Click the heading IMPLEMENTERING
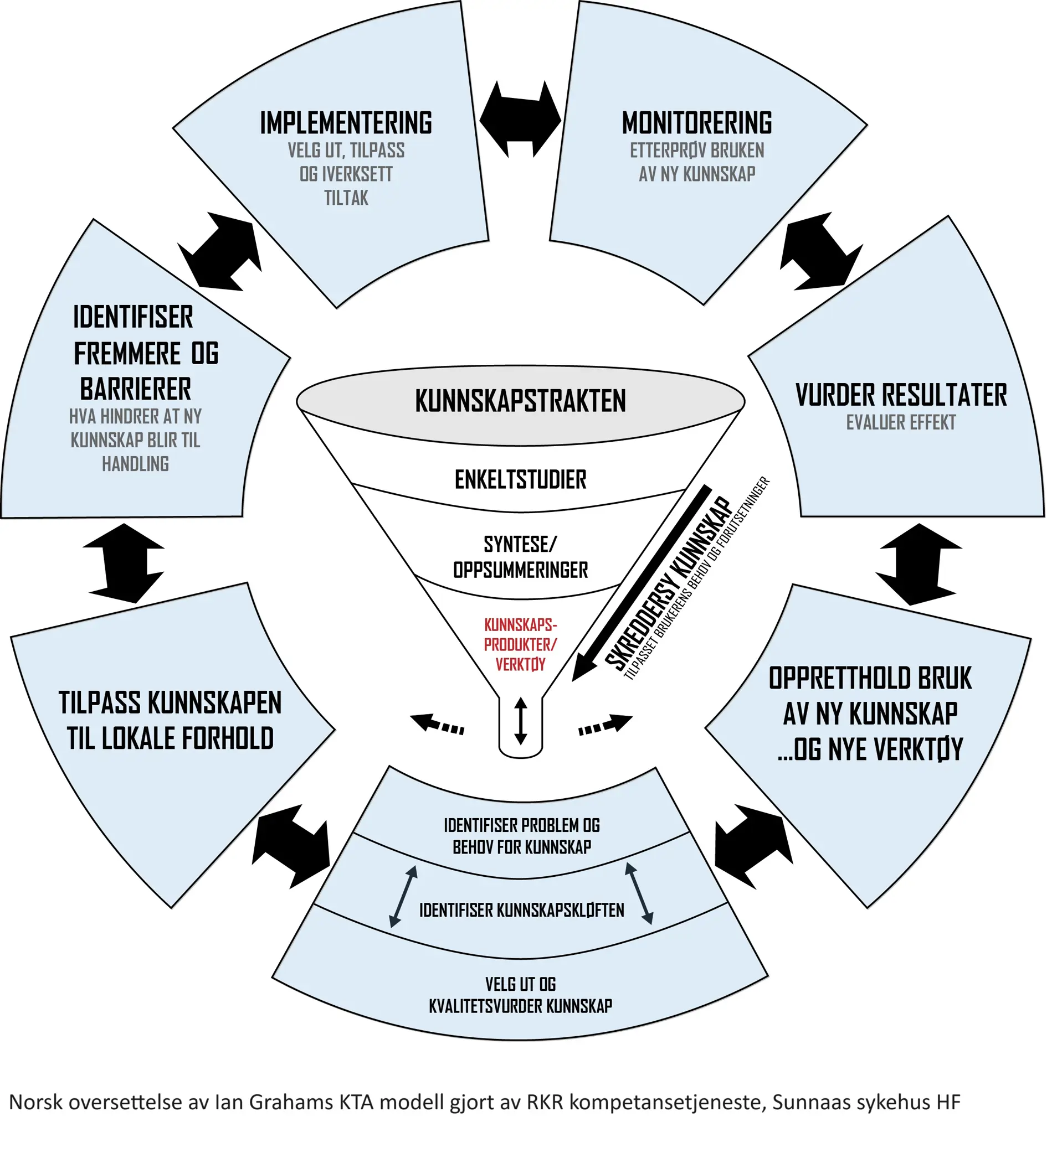coord(346,123)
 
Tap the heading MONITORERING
coord(696,123)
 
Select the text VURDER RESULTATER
coord(901,395)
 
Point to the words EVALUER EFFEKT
coord(901,423)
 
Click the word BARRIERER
coord(136,390)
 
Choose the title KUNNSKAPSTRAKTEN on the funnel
coord(520,401)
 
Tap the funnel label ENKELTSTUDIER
coord(520,480)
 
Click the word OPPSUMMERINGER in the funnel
coord(520,570)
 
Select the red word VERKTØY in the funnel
coord(520,665)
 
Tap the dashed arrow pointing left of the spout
coord(438,724)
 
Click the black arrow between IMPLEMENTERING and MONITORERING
coord(520,119)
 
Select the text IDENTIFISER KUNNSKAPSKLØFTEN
coord(521,911)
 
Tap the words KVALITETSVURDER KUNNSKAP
coord(520,1006)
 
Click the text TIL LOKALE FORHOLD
coord(170,739)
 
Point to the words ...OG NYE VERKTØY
coord(870,750)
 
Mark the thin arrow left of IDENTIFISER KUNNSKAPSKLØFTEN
coord(403,896)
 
